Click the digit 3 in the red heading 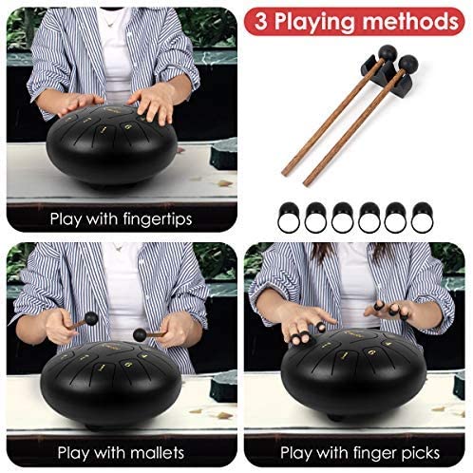click(261, 22)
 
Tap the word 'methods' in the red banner click(410, 21)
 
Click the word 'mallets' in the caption click(155, 452)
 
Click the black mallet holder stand click(386, 73)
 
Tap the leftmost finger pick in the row click(289, 218)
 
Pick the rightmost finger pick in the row click(422, 218)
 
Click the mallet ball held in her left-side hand click(91, 318)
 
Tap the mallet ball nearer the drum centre click(140, 335)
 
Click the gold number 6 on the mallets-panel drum click(127, 365)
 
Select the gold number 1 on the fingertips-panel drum click(104, 129)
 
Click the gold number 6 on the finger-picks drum click(370, 351)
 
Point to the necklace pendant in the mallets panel click(119, 249)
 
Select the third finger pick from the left click(343, 218)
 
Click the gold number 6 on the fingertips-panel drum click(127, 127)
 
